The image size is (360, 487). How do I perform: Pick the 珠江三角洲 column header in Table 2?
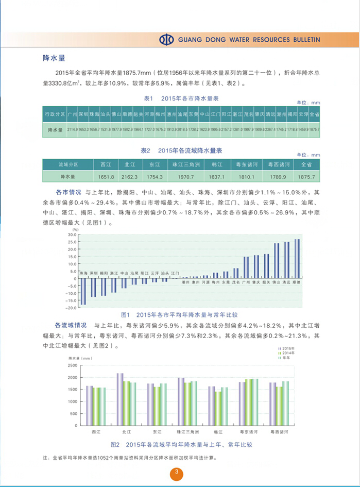[x=185, y=165]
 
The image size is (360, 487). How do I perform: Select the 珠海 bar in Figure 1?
[x=83, y=292]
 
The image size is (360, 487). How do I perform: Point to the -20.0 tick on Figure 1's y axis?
[x=72, y=308]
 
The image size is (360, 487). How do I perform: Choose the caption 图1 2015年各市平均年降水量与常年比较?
[x=178, y=314]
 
